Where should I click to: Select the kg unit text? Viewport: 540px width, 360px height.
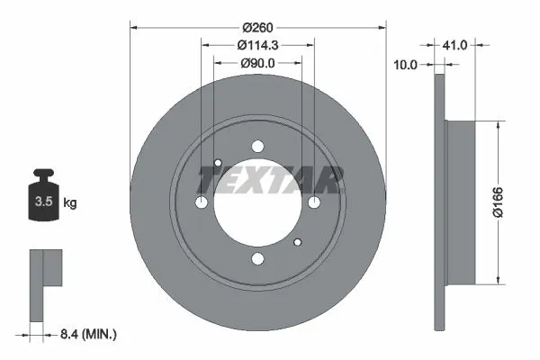70,203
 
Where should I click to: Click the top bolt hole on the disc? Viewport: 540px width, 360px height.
258,148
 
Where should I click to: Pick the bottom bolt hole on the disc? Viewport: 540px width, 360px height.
258,260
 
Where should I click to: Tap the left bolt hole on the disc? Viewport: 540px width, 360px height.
202,203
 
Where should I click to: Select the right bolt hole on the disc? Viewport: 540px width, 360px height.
314,203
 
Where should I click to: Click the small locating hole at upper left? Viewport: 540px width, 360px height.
219,164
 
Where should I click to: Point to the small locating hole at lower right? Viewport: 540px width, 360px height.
298,243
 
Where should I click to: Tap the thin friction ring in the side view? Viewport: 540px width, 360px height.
439,202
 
